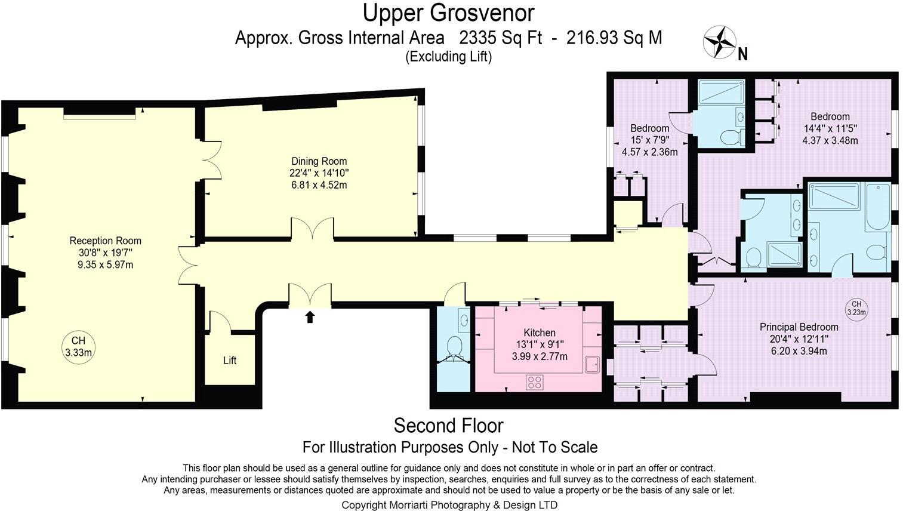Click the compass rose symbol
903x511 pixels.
pos(720,42)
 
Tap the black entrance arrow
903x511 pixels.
pos(310,316)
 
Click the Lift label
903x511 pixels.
pos(230,360)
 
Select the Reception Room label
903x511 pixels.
pos(105,241)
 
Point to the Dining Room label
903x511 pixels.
pos(319,161)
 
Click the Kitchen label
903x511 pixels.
pos(540,333)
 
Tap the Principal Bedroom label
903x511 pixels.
pos(799,327)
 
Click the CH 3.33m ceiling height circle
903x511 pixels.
pos(79,347)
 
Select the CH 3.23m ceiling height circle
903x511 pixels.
pos(856,309)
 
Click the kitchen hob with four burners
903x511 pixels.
pos(534,382)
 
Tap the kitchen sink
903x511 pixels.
pos(592,365)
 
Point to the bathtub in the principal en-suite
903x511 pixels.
pos(877,207)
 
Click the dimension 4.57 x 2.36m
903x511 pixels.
pos(649,152)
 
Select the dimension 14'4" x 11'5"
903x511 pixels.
pos(830,129)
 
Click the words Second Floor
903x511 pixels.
pos(449,426)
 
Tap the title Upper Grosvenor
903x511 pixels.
pos(449,13)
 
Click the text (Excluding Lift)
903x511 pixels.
pos(449,57)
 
